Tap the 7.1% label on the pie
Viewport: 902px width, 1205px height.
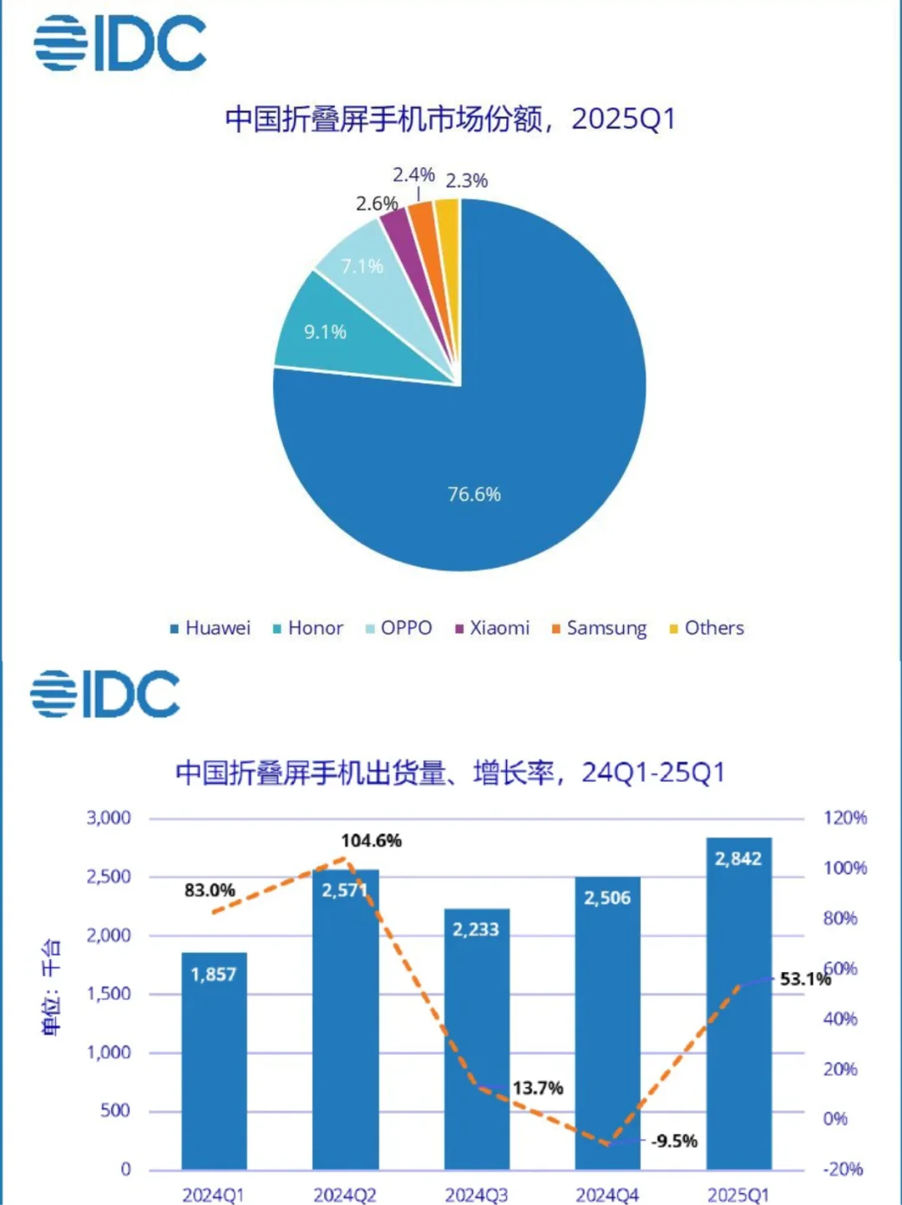tap(362, 266)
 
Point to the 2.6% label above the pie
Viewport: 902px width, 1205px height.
tap(377, 204)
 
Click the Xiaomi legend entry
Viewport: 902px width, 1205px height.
tap(493, 628)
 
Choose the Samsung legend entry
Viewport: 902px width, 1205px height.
tap(600, 628)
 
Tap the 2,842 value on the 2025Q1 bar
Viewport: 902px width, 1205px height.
tap(738, 858)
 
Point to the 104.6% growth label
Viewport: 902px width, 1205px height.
tap(371, 841)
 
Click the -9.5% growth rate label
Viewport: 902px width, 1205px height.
tap(674, 1141)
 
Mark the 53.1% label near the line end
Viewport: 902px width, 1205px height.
tap(804, 979)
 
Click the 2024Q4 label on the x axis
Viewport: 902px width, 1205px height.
tap(607, 1195)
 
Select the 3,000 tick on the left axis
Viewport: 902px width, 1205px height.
tap(109, 818)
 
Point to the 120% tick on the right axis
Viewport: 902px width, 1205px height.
tap(844, 818)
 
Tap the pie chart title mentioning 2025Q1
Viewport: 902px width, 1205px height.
tap(450, 119)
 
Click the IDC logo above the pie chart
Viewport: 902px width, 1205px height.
tap(120, 43)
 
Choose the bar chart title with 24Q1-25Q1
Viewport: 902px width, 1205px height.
tap(450, 772)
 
